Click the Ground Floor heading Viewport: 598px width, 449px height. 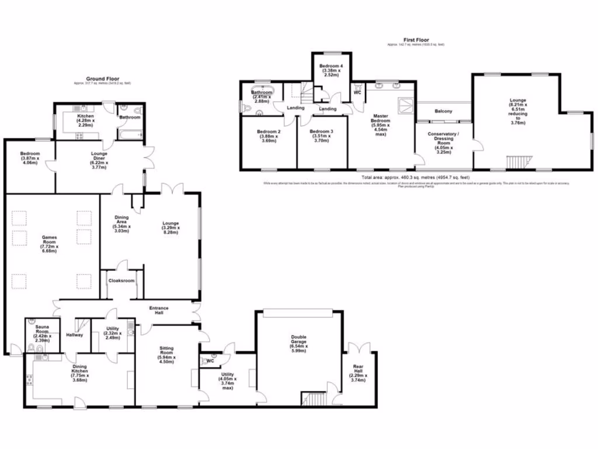pos(103,78)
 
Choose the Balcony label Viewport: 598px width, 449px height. pos(443,111)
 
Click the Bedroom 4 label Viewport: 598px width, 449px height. pos(331,70)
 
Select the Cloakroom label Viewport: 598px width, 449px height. pos(121,281)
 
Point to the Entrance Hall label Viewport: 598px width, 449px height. pos(158,310)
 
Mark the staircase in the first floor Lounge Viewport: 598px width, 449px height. pos(516,162)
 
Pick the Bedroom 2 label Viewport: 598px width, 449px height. pos(269,136)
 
